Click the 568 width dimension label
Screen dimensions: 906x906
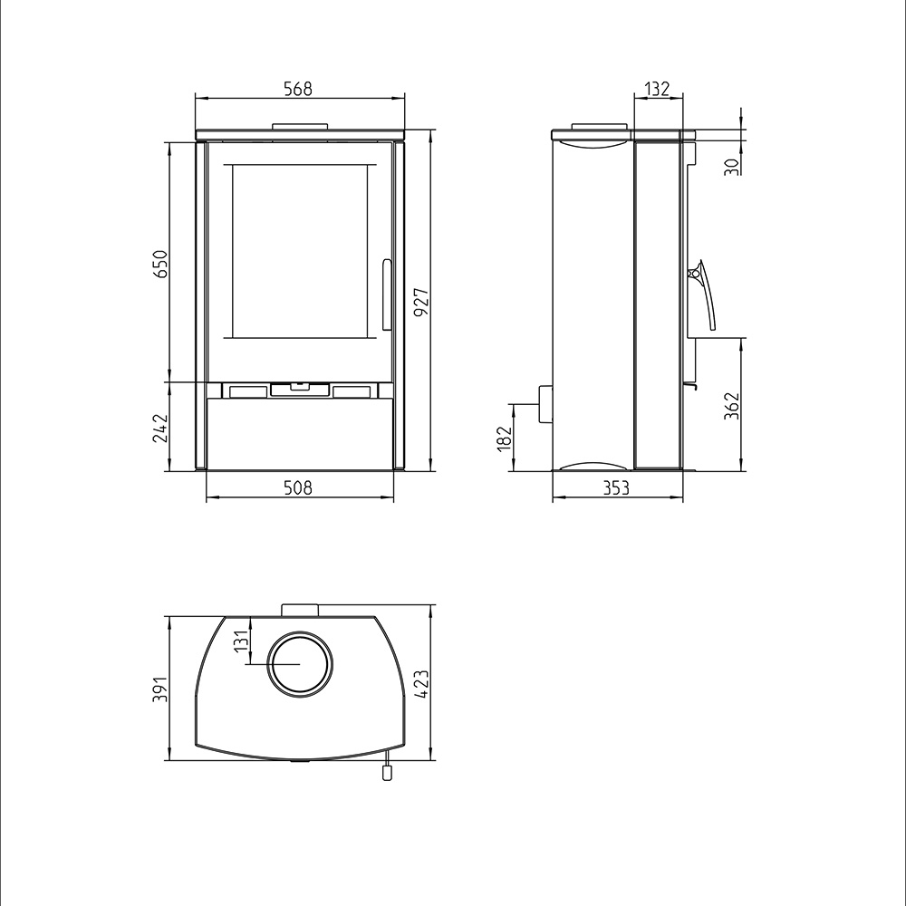pyautogui.click(x=298, y=89)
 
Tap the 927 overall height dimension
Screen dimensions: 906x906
pyautogui.click(x=421, y=302)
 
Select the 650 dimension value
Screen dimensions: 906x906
pyautogui.click(x=160, y=264)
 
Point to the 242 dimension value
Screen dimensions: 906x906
pyautogui.click(x=160, y=428)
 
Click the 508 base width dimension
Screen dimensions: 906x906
pyautogui.click(x=298, y=488)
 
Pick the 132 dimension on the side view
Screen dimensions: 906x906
pyautogui.click(x=657, y=89)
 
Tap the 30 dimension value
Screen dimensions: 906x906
pyautogui.click(x=732, y=167)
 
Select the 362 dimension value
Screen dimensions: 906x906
pyautogui.click(x=732, y=406)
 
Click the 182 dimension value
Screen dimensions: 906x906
pyautogui.click(x=505, y=438)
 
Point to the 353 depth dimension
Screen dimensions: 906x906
pyautogui.click(x=616, y=488)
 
